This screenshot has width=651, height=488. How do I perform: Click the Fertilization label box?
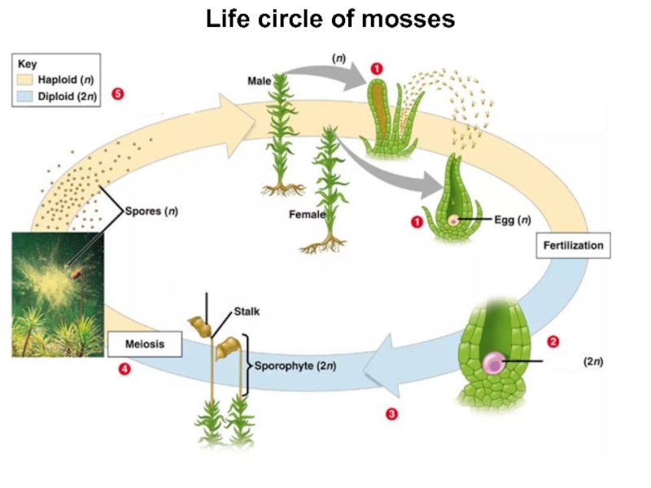(572, 245)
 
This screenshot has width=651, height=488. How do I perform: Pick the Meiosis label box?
(144, 344)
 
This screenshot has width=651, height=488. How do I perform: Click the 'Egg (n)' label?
(513, 220)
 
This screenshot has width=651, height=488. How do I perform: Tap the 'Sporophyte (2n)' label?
(295, 365)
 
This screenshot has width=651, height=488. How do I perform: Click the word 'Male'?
(260, 81)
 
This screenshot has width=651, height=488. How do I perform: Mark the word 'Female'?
(308, 215)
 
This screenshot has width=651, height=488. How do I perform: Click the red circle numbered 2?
(553, 342)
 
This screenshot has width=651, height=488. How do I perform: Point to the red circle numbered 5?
(118, 94)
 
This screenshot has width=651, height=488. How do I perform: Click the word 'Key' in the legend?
(27, 63)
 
